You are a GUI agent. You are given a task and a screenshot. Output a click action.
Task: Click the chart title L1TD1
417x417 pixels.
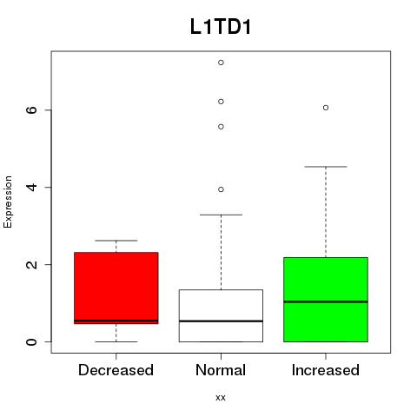coord(221,27)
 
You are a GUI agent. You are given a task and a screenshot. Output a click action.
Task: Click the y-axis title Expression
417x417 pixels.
coord(8,202)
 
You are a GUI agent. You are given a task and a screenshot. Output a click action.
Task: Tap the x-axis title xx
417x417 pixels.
coord(221,398)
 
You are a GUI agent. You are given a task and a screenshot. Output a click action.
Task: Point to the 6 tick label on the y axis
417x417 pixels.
coord(31,110)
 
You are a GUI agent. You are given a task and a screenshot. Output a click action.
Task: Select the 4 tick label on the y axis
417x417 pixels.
coord(31,187)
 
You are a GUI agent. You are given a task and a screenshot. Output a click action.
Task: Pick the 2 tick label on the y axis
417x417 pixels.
coord(31,264)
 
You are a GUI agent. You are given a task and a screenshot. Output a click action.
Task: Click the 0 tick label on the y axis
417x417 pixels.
coord(31,341)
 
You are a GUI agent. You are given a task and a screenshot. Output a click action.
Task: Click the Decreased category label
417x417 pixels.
coord(116,370)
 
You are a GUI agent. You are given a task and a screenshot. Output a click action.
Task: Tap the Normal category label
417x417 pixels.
coord(221,370)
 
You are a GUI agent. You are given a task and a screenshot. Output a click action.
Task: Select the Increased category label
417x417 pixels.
coord(326,370)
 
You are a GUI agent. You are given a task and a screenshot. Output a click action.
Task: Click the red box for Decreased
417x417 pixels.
coord(116,288)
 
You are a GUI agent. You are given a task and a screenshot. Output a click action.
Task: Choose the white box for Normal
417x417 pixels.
coord(221,315)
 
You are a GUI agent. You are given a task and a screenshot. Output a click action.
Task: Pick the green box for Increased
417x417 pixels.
coord(326,300)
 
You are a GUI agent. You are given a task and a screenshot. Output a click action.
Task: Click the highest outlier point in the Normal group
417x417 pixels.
coord(221,63)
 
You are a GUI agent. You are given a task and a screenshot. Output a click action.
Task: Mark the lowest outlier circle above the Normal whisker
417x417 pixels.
coord(221,189)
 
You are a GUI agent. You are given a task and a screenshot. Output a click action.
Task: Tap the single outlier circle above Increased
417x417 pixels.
coord(326,108)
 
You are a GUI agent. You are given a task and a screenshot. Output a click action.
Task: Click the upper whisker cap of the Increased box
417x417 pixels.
coord(326,167)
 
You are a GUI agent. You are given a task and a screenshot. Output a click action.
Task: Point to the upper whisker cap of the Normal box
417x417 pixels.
coord(221,215)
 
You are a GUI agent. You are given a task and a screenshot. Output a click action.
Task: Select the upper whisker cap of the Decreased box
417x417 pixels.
coord(116,241)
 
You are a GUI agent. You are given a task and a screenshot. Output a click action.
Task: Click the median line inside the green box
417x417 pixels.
coord(326,301)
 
